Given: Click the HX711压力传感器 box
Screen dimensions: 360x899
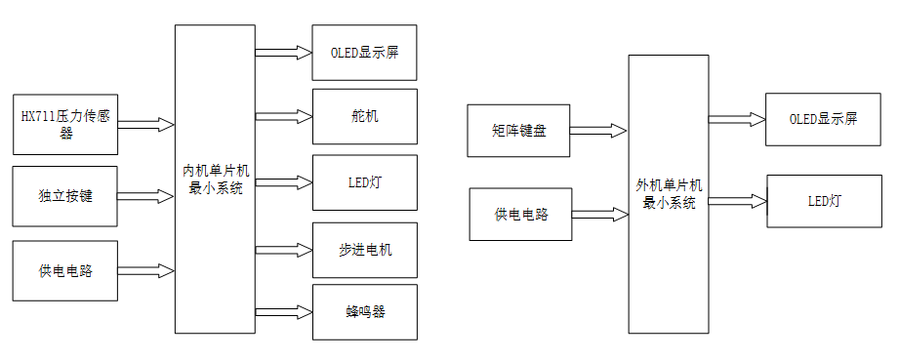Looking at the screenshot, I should pyautogui.click(x=65, y=125).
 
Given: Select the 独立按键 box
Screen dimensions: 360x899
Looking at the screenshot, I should pyautogui.click(x=65, y=196).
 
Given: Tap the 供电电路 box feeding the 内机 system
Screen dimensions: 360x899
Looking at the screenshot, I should pyautogui.click(x=65, y=270).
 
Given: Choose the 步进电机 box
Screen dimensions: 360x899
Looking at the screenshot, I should pyautogui.click(x=364, y=251).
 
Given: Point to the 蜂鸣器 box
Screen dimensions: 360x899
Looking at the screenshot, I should pyautogui.click(x=364, y=312).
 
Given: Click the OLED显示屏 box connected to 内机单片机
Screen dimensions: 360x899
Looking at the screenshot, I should pyautogui.click(x=364, y=53).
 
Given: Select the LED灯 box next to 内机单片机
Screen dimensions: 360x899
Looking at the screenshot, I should pyautogui.click(x=364, y=182).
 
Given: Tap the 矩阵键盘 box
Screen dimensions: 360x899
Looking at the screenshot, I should pyautogui.click(x=519, y=130).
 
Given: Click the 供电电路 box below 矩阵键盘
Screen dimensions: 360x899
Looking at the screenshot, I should pyautogui.click(x=519, y=214).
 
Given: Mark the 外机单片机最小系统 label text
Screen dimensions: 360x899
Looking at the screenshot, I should pyautogui.click(x=669, y=194).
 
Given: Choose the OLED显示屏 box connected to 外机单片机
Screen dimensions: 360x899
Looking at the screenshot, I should pyautogui.click(x=822, y=120).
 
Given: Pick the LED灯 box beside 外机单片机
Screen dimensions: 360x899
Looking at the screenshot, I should pyautogui.click(x=822, y=201).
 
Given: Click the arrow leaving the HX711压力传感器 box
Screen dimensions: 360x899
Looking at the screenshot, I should pyautogui.click(x=145, y=125).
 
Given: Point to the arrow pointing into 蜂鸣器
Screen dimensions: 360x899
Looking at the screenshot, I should pyautogui.click(x=283, y=312).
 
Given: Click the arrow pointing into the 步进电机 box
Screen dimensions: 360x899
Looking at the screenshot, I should pyautogui.click(x=283, y=251).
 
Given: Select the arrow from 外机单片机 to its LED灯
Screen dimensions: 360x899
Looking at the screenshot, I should pyautogui.click(x=737, y=201).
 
